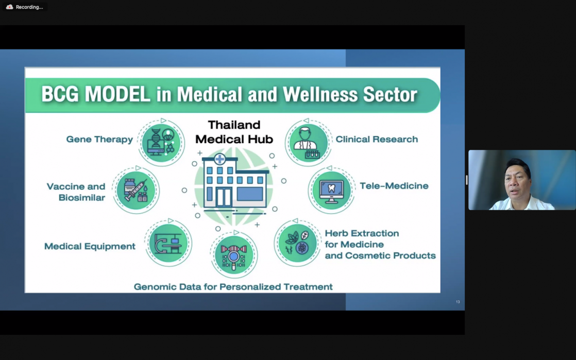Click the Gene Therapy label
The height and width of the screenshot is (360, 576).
[99, 139]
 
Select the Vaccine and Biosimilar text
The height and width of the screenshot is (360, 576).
[76, 192]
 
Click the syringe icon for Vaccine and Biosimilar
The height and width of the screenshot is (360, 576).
[136, 190]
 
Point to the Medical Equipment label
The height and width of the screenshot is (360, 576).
[90, 246]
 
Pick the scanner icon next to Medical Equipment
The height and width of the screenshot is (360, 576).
[168, 243]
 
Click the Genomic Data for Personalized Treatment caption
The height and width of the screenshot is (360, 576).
[233, 286]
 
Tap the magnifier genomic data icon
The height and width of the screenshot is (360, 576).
[234, 254]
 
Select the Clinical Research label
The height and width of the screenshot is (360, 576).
[377, 139]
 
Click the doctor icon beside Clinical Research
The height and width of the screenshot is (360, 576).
[308, 143]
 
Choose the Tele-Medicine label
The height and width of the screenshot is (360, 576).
[394, 185]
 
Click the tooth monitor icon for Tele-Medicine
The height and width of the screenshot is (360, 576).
[331, 190]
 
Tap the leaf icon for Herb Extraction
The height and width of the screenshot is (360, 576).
[297, 243]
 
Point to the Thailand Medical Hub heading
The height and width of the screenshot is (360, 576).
[234, 132]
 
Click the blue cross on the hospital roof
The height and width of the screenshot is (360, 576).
[219, 159]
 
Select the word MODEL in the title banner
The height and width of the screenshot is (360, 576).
[117, 94]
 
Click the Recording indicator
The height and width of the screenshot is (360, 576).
[25, 7]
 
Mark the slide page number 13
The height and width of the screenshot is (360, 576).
[458, 302]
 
